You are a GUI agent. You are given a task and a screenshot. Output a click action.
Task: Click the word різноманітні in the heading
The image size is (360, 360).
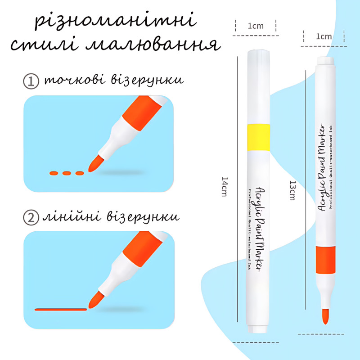[x=116, y=21]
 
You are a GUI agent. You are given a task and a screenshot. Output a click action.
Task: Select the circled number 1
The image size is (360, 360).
[x=31, y=81]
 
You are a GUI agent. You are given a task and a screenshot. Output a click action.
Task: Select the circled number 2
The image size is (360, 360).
[x=31, y=217]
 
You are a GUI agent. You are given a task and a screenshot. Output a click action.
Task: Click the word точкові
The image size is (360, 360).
[x=75, y=80]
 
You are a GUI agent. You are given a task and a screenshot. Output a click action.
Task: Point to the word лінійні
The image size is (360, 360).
[x=72, y=216]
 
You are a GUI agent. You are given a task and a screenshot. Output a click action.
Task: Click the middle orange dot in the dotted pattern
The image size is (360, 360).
[x=67, y=173]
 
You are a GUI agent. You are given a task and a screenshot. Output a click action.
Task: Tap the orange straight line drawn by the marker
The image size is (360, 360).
[x=61, y=310]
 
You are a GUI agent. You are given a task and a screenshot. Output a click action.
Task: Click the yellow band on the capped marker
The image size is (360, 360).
[x=258, y=137]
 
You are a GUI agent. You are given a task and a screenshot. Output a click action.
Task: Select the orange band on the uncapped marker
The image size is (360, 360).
[x=325, y=260]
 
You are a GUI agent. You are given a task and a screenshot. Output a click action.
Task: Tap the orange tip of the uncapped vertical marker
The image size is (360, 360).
[x=325, y=316]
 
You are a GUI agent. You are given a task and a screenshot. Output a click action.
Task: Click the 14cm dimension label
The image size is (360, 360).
[x=224, y=186]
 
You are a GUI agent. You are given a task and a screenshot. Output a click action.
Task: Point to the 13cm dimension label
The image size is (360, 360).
[x=292, y=190]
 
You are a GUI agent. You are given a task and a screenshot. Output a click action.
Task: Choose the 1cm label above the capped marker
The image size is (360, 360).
[x=256, y=26]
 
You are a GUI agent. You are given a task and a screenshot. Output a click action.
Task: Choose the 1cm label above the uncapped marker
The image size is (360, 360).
[x=324, y=36]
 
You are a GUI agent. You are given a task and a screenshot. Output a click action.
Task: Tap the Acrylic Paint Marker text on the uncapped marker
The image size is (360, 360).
[x=322, y=167]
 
